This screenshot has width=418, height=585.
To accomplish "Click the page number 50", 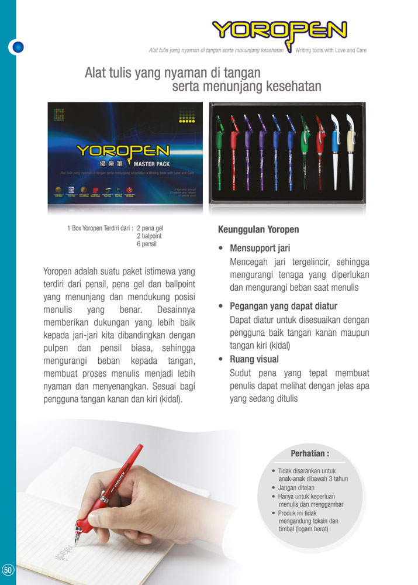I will [8, 570].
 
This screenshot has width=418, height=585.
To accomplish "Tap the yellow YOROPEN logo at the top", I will [279, 30].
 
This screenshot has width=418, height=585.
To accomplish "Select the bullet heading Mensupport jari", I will [260, 248].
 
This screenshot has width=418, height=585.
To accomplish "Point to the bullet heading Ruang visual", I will [254, 359].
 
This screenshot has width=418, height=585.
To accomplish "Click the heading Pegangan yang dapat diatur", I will [284, 306].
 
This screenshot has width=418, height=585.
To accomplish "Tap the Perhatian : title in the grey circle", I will [310, 453].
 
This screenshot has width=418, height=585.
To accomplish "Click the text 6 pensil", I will [147, 243].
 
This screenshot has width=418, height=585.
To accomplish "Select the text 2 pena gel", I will [150, 228].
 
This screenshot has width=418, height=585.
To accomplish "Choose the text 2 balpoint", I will [150, 236].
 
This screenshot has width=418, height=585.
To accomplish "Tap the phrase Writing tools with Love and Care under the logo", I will [331, 51].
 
